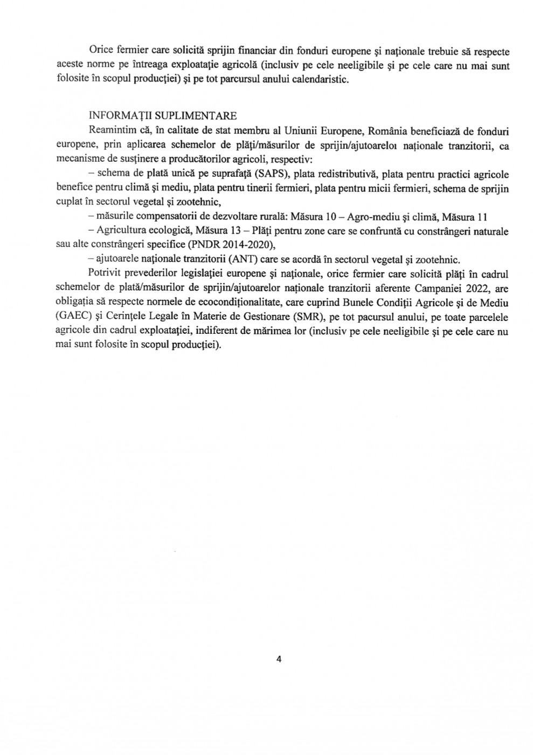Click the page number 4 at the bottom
[x=279, y=658]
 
